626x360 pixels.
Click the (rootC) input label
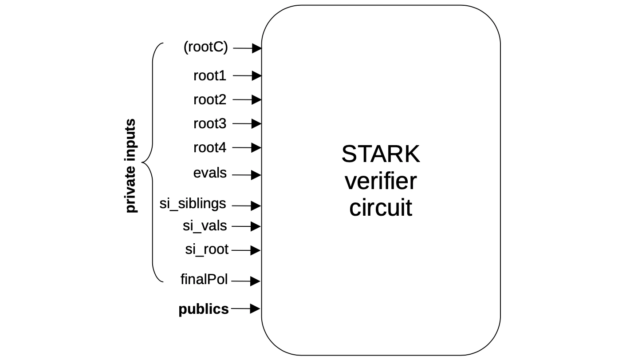(205, 47)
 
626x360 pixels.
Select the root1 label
(209, 76)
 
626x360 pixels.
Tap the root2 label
(209, 100)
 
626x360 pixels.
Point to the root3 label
(209, 124)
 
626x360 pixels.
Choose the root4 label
(209, 147)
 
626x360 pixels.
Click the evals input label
(210, 173)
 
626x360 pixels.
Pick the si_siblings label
(193, 204)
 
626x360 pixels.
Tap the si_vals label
(205, 226)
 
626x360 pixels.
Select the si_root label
(206, 249)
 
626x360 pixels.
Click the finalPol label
(204, 280)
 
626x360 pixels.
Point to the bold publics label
(204, 309)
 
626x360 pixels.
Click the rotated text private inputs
(130, 166)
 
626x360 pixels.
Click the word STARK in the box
(380, 154)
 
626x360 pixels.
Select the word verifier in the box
(380, 181)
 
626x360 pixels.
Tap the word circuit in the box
(380, 208)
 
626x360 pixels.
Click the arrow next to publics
(246, 309)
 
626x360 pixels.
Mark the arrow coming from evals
(247, 175)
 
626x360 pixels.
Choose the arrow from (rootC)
(247, 48)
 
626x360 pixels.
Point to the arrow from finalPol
(246, 281)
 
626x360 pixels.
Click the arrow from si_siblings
(246, 206)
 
